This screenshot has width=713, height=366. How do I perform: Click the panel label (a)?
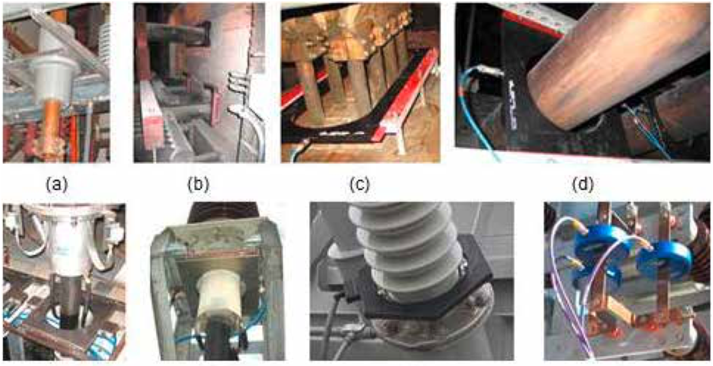[57, 184]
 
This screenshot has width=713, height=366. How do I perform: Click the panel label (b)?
[198, 184]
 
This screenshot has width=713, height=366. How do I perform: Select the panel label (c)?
[360, 184]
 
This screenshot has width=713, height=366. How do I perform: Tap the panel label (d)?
[583, 184]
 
